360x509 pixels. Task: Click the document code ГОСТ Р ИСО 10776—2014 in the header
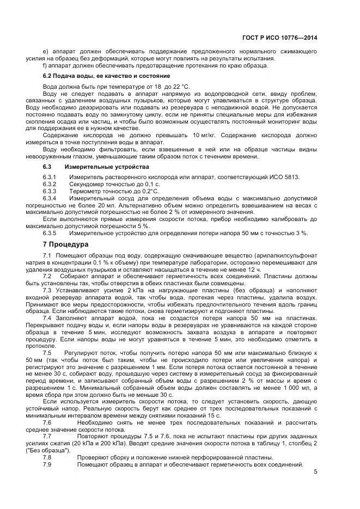[280, 38]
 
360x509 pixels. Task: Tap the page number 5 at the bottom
[315, 472]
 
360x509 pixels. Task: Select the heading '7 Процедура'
[65, 244]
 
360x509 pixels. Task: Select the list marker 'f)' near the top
[45, 65]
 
